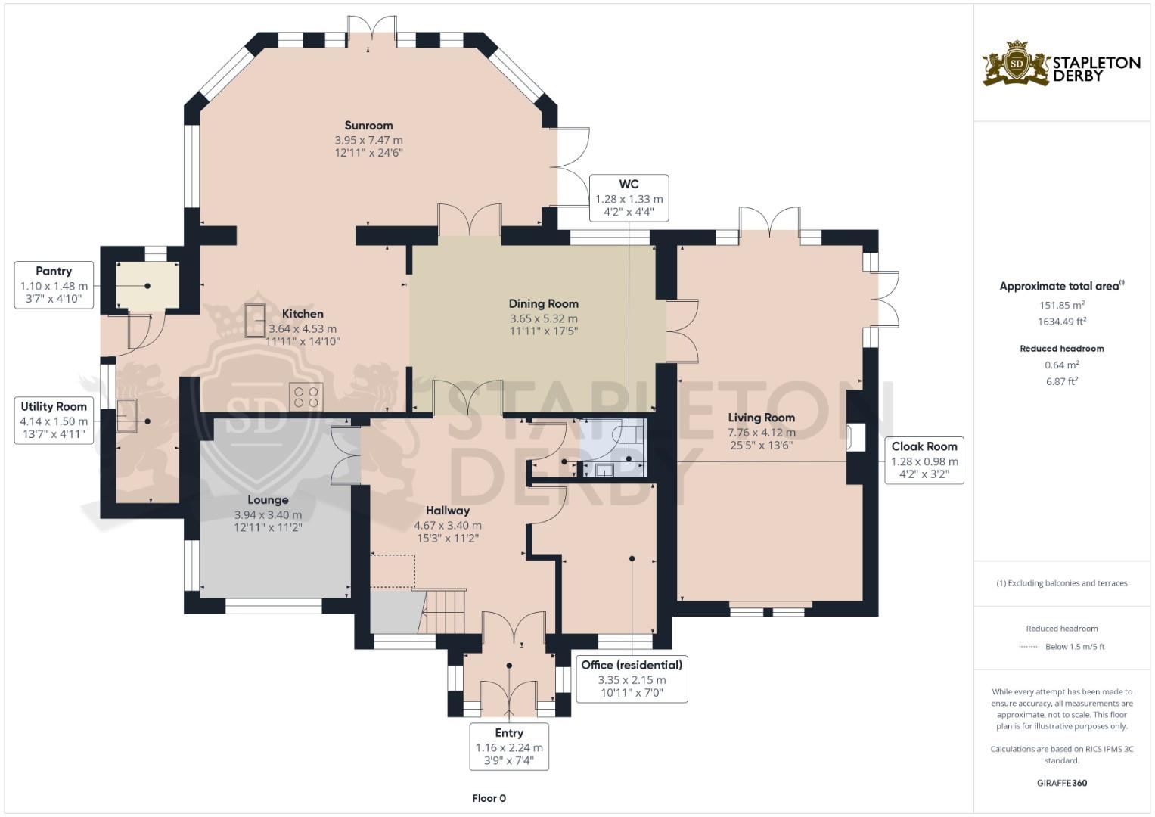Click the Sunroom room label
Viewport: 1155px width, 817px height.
tap(368, 126)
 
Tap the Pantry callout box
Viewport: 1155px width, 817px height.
tap(54, 284)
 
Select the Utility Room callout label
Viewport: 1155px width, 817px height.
tap(54, 421)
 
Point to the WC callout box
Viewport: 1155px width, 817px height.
tap(629, 198)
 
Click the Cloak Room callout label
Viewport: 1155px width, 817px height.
tap(924, 461)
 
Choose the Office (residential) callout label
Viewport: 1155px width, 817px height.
tap(632, 679)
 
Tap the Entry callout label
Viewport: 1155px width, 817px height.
tap(509, 747)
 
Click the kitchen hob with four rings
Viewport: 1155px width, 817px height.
tap(306, 396)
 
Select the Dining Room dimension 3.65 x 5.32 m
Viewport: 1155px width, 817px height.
tap(544, 318)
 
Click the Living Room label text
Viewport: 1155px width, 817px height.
tap(761, 418)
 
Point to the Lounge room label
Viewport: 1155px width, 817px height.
tap(268, 500)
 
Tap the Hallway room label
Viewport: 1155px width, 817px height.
tap(448, 511)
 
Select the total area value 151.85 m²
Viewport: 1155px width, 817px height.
tap(1062, 305)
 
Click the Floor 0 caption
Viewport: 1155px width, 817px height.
tap(489, 798)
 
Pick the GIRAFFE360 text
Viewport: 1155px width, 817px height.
tap(1062, 783)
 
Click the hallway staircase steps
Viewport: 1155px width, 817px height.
tap(443, 612)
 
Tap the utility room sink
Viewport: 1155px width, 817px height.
tap(127, 416)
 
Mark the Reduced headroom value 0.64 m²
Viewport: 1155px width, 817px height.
tap(1062, 365)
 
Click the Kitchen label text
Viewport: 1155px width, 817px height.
tap(303, 314)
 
